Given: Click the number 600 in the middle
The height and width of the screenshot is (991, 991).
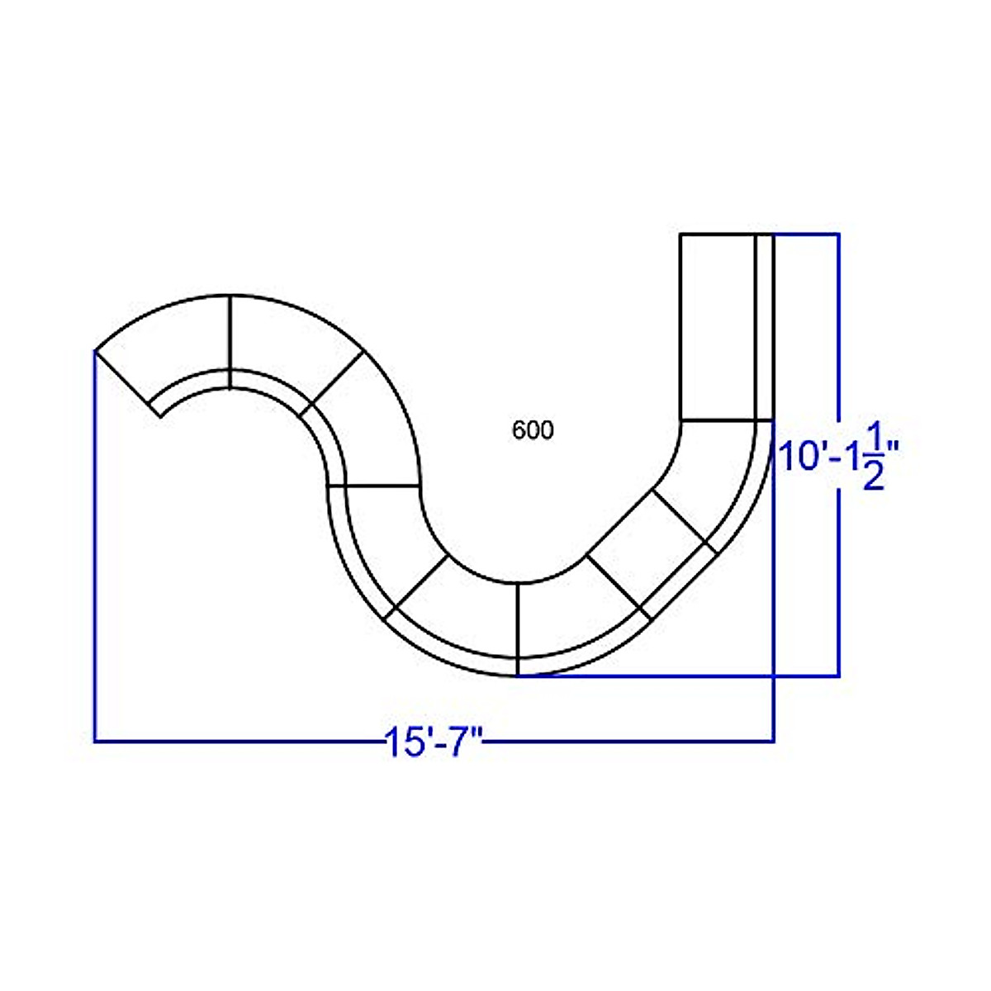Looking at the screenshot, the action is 533,430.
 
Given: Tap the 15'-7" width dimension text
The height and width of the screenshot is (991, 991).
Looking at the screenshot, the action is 434,742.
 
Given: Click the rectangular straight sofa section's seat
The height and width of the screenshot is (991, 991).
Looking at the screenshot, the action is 718,327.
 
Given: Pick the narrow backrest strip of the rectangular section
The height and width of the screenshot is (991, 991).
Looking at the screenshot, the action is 765,327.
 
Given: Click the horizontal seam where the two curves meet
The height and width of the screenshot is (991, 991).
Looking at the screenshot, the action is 373,485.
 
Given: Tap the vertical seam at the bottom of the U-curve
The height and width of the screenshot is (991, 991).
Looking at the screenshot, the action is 517,629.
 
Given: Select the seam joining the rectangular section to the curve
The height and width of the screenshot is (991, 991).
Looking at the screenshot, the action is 726,420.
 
